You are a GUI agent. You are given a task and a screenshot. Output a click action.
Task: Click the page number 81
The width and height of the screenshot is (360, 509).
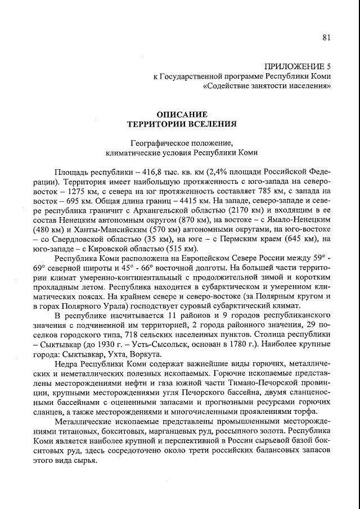coord(326,38)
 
